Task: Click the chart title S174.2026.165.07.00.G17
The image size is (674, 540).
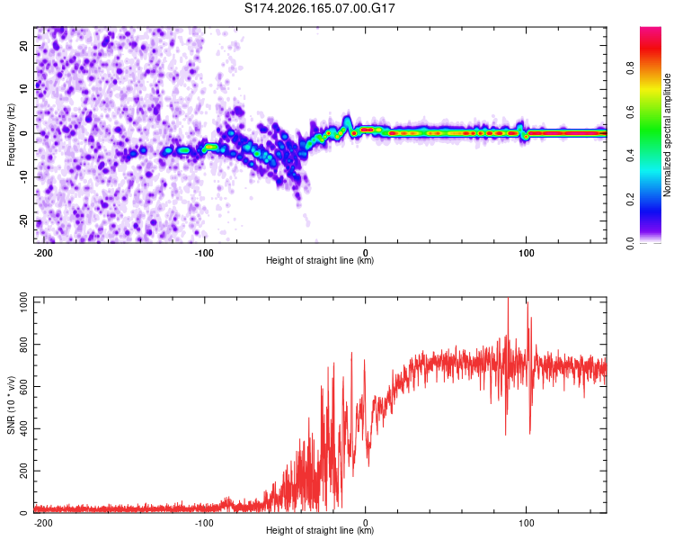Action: pyautogui.click(x=319, y=8)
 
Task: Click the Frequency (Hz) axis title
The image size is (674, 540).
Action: pyautogui.click(x=11, y=135)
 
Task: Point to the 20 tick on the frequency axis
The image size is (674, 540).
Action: pyautogui.click(x=23, y=45)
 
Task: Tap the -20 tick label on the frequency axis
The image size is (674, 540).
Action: pyautogui.click(x=23, y=221)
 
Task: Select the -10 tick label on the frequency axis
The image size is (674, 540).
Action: pyautogui.click(x=23, y=177)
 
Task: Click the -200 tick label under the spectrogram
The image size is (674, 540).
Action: pyautogui.click(x=42, y=253)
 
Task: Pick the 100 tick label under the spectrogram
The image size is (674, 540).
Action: pyautogui.click(x=526, y=253)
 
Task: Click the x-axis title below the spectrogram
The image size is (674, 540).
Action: pyautogui.click(x=320, y=260)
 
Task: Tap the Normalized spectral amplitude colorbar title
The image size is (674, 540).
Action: pyautogui.click(x=667, y=135)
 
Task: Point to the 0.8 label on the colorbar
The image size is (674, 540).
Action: pyautogui.click(x=630, y=68)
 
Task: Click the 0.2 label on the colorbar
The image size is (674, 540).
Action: pyautogui.click(x=630, y=200)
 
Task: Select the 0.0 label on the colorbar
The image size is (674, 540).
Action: pyautogui.click(x=630, y=243)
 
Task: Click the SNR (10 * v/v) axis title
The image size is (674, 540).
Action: pyautogui.click(x=11, y=405)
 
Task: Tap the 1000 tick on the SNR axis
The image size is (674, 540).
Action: pyautogui.click(x=23, y=301)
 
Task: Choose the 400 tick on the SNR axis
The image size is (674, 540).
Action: pyautogui.click(x=23, y=428)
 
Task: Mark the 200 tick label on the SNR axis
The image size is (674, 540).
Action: pyautogui.click(x=23, y=471)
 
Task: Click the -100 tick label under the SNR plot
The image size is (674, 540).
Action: pyautogui.click(x=204, y=523)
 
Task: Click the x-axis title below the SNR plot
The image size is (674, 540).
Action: pyautogui.click(x=320, y=530)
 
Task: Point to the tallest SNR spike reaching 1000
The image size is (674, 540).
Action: pyautogui.click(x=509, y=300)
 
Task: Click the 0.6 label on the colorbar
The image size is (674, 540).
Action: pyautogui.click(x=630, y=112)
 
